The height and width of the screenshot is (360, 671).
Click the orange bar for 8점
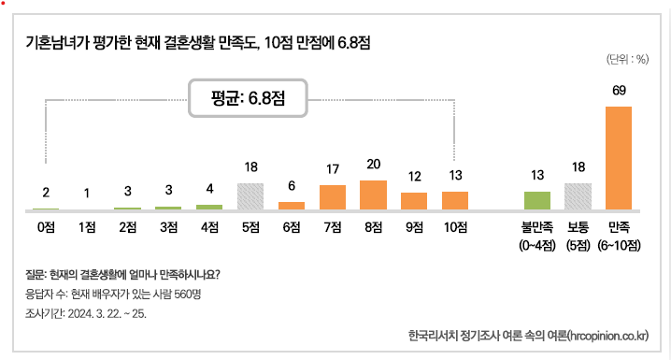373,194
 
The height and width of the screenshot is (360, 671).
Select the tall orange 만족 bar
619,157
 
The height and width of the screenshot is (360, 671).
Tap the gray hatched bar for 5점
250,195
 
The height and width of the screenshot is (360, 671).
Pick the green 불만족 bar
536,200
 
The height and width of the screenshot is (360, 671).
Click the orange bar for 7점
333,196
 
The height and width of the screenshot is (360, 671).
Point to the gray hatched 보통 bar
578,195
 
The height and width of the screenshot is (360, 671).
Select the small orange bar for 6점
292,205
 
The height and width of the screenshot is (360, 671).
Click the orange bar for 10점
455,200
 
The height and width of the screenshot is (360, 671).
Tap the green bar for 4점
209,206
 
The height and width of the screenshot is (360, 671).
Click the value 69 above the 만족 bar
619,91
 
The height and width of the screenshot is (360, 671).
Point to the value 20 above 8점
373,164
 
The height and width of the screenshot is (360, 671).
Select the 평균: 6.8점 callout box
249,97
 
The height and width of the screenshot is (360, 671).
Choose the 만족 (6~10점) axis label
619,235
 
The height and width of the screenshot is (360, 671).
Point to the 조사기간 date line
87,312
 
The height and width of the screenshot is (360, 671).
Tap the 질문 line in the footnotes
122,275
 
